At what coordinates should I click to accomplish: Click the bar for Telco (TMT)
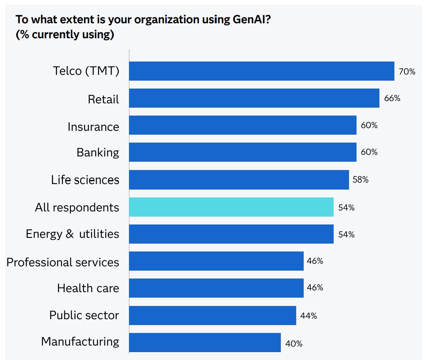click(261, 71)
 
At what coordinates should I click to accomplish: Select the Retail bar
click(254, 98)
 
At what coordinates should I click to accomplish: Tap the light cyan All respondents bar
click(231, 207)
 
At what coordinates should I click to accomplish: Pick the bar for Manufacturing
click(205, 343)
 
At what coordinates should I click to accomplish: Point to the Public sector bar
click(212, 316)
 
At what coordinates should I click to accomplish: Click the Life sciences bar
click(239, 180)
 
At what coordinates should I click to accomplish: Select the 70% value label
click(407, 72)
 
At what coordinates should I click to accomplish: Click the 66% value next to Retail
click(392, 99)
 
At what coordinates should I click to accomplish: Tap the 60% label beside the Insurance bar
click(369, 125)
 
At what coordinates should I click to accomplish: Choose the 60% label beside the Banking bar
click(369, 152)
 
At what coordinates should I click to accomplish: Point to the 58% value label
click(360, 180)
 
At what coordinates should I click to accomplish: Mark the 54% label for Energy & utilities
click(346, 234)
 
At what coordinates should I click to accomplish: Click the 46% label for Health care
click(315, 288)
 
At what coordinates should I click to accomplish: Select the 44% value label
click(308, 316)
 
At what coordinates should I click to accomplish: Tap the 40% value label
click(294, 344)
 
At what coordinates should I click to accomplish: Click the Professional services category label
click(63, 262)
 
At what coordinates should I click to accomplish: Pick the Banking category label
click(98, 153)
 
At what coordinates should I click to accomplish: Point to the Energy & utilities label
click(72, 234)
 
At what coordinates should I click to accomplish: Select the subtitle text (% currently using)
click(65, 34)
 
